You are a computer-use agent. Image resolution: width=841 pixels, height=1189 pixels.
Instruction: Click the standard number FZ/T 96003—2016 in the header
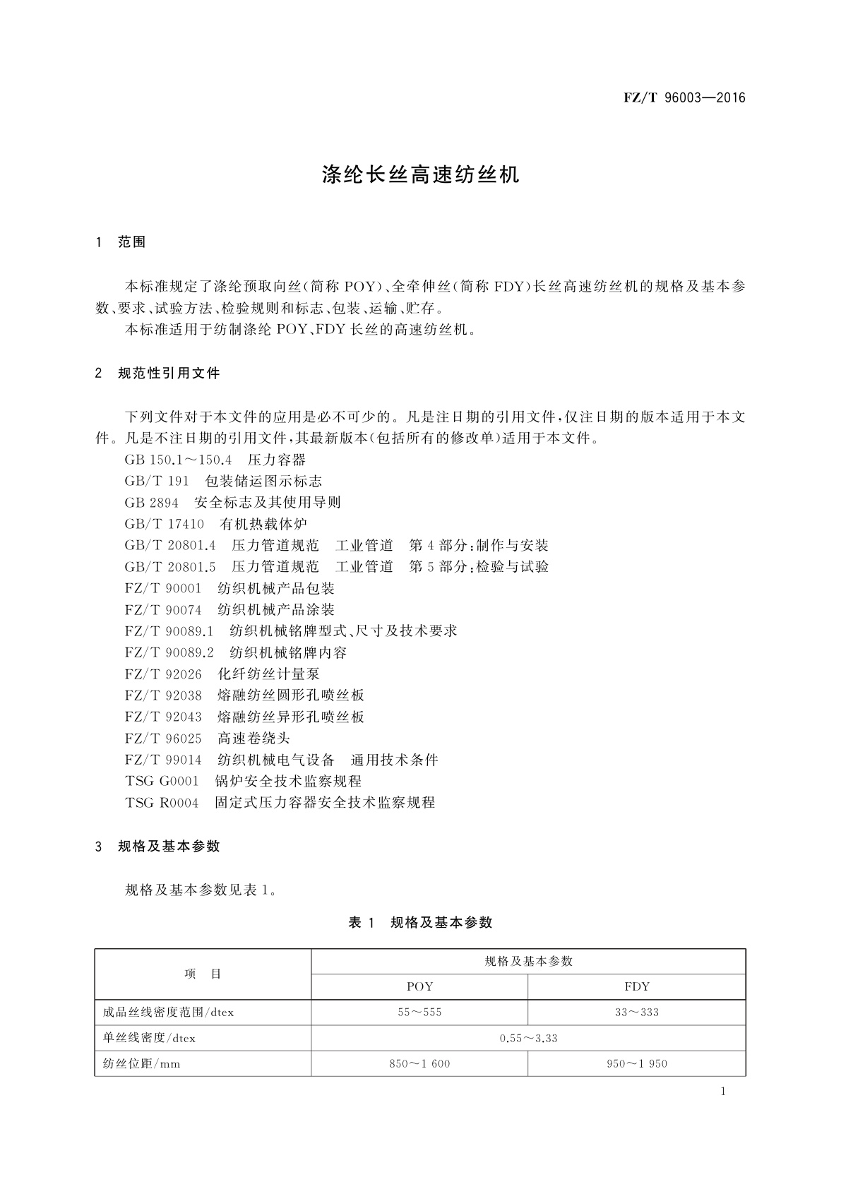684,98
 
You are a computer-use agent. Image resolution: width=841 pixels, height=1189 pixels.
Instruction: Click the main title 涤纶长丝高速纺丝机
420,175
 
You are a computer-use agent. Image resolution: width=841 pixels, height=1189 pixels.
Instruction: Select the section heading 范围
132,242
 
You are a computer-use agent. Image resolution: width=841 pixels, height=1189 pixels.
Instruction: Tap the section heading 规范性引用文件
169,373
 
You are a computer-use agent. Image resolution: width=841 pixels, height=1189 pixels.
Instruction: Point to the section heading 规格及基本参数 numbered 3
169,846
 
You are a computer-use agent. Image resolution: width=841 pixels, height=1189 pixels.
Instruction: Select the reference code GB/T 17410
165,524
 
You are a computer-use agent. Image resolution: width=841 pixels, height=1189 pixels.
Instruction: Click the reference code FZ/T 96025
163,739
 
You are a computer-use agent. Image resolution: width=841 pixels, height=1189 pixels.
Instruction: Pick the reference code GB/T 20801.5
170,567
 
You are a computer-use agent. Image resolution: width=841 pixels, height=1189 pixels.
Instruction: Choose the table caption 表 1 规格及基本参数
420,922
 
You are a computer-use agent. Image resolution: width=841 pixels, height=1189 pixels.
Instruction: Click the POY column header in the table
419,986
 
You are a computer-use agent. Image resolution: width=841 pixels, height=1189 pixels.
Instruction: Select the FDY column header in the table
637,986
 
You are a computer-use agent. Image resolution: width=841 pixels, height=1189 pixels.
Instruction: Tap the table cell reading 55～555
419,1012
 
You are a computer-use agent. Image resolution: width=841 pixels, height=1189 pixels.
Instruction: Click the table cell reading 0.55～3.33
528,1038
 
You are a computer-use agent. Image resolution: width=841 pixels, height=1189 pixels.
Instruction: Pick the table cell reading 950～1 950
637,1064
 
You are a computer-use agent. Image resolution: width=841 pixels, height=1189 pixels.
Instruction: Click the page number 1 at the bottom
723,1092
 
